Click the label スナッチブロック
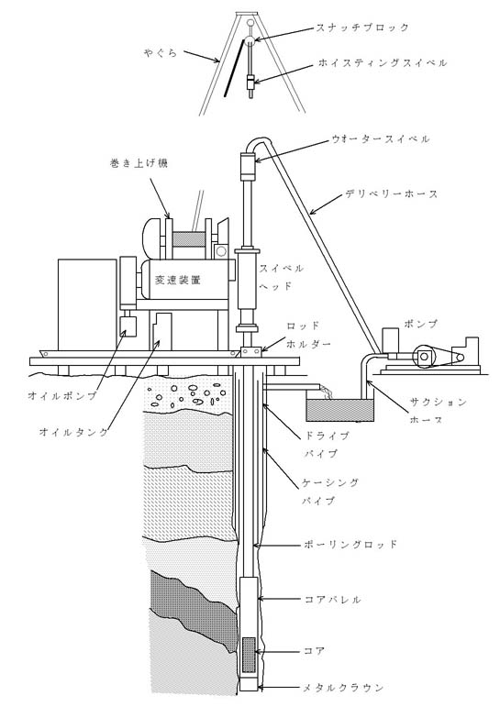click(x=361, y=28)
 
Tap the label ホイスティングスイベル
click(x=383, y=62)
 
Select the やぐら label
click(x=161, y=53)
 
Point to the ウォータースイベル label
click(x=381, y=139)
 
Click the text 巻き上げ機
click(x=139, y=163)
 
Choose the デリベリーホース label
click(x=392, y=194)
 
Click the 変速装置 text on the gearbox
click(x=177, y=280)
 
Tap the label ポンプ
click(x=421, y=325)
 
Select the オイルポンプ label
click(x=62, y=396)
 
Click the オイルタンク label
click(x=74, y=432)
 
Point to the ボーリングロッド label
click(x=351, y=544)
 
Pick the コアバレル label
click(x=333, y=600)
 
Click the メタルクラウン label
click(x=344, y=688)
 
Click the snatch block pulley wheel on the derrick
click(x=250, y=39)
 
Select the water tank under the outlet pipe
click(x=340, y=407)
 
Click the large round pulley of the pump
click(x=424, y=357)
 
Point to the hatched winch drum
click(x=187, y=239)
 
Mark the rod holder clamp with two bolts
click(x=250, y=351)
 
